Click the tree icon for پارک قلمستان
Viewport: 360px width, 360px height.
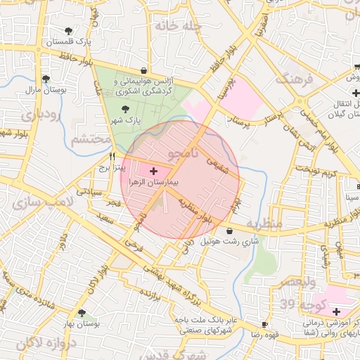[x=68, y=31]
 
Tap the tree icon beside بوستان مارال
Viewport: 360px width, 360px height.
[x=46, y=79]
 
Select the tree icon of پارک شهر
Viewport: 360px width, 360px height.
[x=126, y=109]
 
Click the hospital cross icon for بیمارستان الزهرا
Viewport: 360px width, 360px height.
[x=154, y=171]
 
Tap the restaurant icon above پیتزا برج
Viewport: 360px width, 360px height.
[x=111, y=157]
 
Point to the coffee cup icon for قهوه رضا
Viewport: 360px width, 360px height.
[x=264, y=324]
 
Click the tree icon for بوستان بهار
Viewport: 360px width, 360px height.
[x=82, y=313]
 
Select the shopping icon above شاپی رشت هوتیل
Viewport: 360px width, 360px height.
[x=229, y=231]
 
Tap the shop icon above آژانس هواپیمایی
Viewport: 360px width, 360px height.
[x=144, y=70]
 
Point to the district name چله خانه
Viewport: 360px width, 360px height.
[x=179, y=26]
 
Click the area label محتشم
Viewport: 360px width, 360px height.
[x=91, y=139]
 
